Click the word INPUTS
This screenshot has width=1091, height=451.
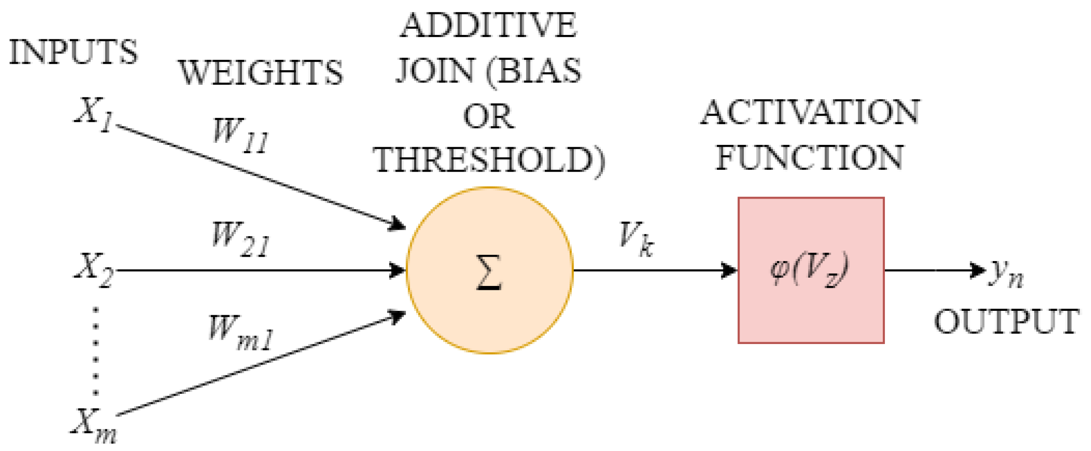click(73, 52)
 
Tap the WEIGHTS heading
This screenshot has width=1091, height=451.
click(261, 72)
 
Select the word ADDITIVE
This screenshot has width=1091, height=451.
click(489, 25)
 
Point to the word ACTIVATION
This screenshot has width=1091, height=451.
click(810, 112)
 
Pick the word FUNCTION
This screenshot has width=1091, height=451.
click(809, 158)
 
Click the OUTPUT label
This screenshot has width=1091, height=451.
click(1006, 322)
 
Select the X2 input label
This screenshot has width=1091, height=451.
click(93, 270)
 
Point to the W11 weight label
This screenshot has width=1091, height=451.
click(241, 135)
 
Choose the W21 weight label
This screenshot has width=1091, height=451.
click(241, 239)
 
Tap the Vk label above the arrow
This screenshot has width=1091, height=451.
click(637, 239)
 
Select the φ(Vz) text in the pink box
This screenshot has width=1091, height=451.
click(809, 269)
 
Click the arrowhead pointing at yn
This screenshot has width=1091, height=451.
click(977, 270)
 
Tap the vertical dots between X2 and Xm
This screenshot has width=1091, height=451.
click(96, 351)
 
